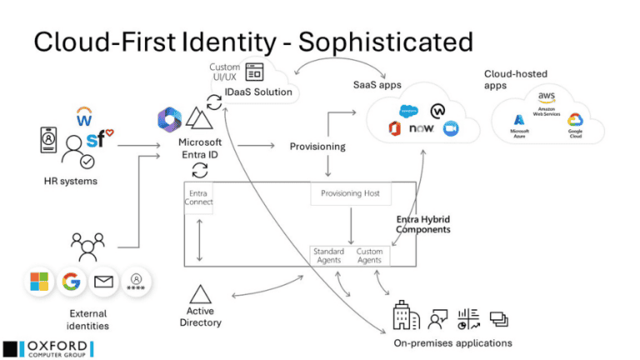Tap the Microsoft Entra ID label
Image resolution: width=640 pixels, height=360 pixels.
coord(200,147)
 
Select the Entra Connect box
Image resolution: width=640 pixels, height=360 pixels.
coord(199,197)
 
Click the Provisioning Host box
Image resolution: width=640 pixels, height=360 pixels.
coord(350,193)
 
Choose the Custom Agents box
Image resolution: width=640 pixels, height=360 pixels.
coord(369,256)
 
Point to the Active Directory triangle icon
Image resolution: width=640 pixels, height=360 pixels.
coord(200,294)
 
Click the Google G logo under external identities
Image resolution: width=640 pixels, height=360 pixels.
coord(71,282)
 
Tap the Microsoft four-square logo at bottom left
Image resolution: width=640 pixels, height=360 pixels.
coord(38,282)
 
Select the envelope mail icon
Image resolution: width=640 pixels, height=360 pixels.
coord(103,282)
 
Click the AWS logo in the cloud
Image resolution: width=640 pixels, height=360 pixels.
coord(546,97)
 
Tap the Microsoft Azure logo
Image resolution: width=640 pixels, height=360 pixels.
coord(521,124)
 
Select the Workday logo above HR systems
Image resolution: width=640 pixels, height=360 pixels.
coord(84,113)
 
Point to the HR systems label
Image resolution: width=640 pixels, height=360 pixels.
coord(71,180)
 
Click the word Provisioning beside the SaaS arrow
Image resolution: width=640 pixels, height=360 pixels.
coord(317,147)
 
